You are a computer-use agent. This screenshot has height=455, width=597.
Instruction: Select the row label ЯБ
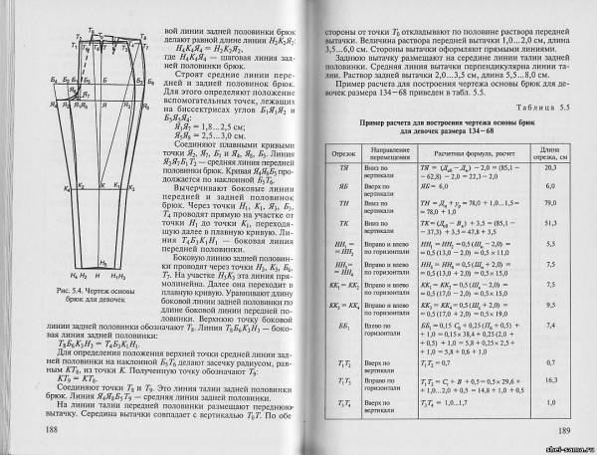[340, 186]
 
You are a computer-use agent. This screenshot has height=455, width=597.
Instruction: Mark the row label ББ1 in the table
[340, 325]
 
